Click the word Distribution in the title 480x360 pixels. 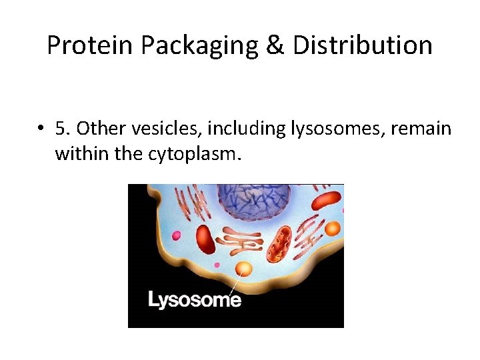tap(362, 45)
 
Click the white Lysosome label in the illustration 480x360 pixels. tap(194, 300)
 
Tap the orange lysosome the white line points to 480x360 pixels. tap(244, 269)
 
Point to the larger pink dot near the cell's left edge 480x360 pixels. tap(177, 235)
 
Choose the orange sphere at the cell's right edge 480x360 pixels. tap(333, 228)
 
